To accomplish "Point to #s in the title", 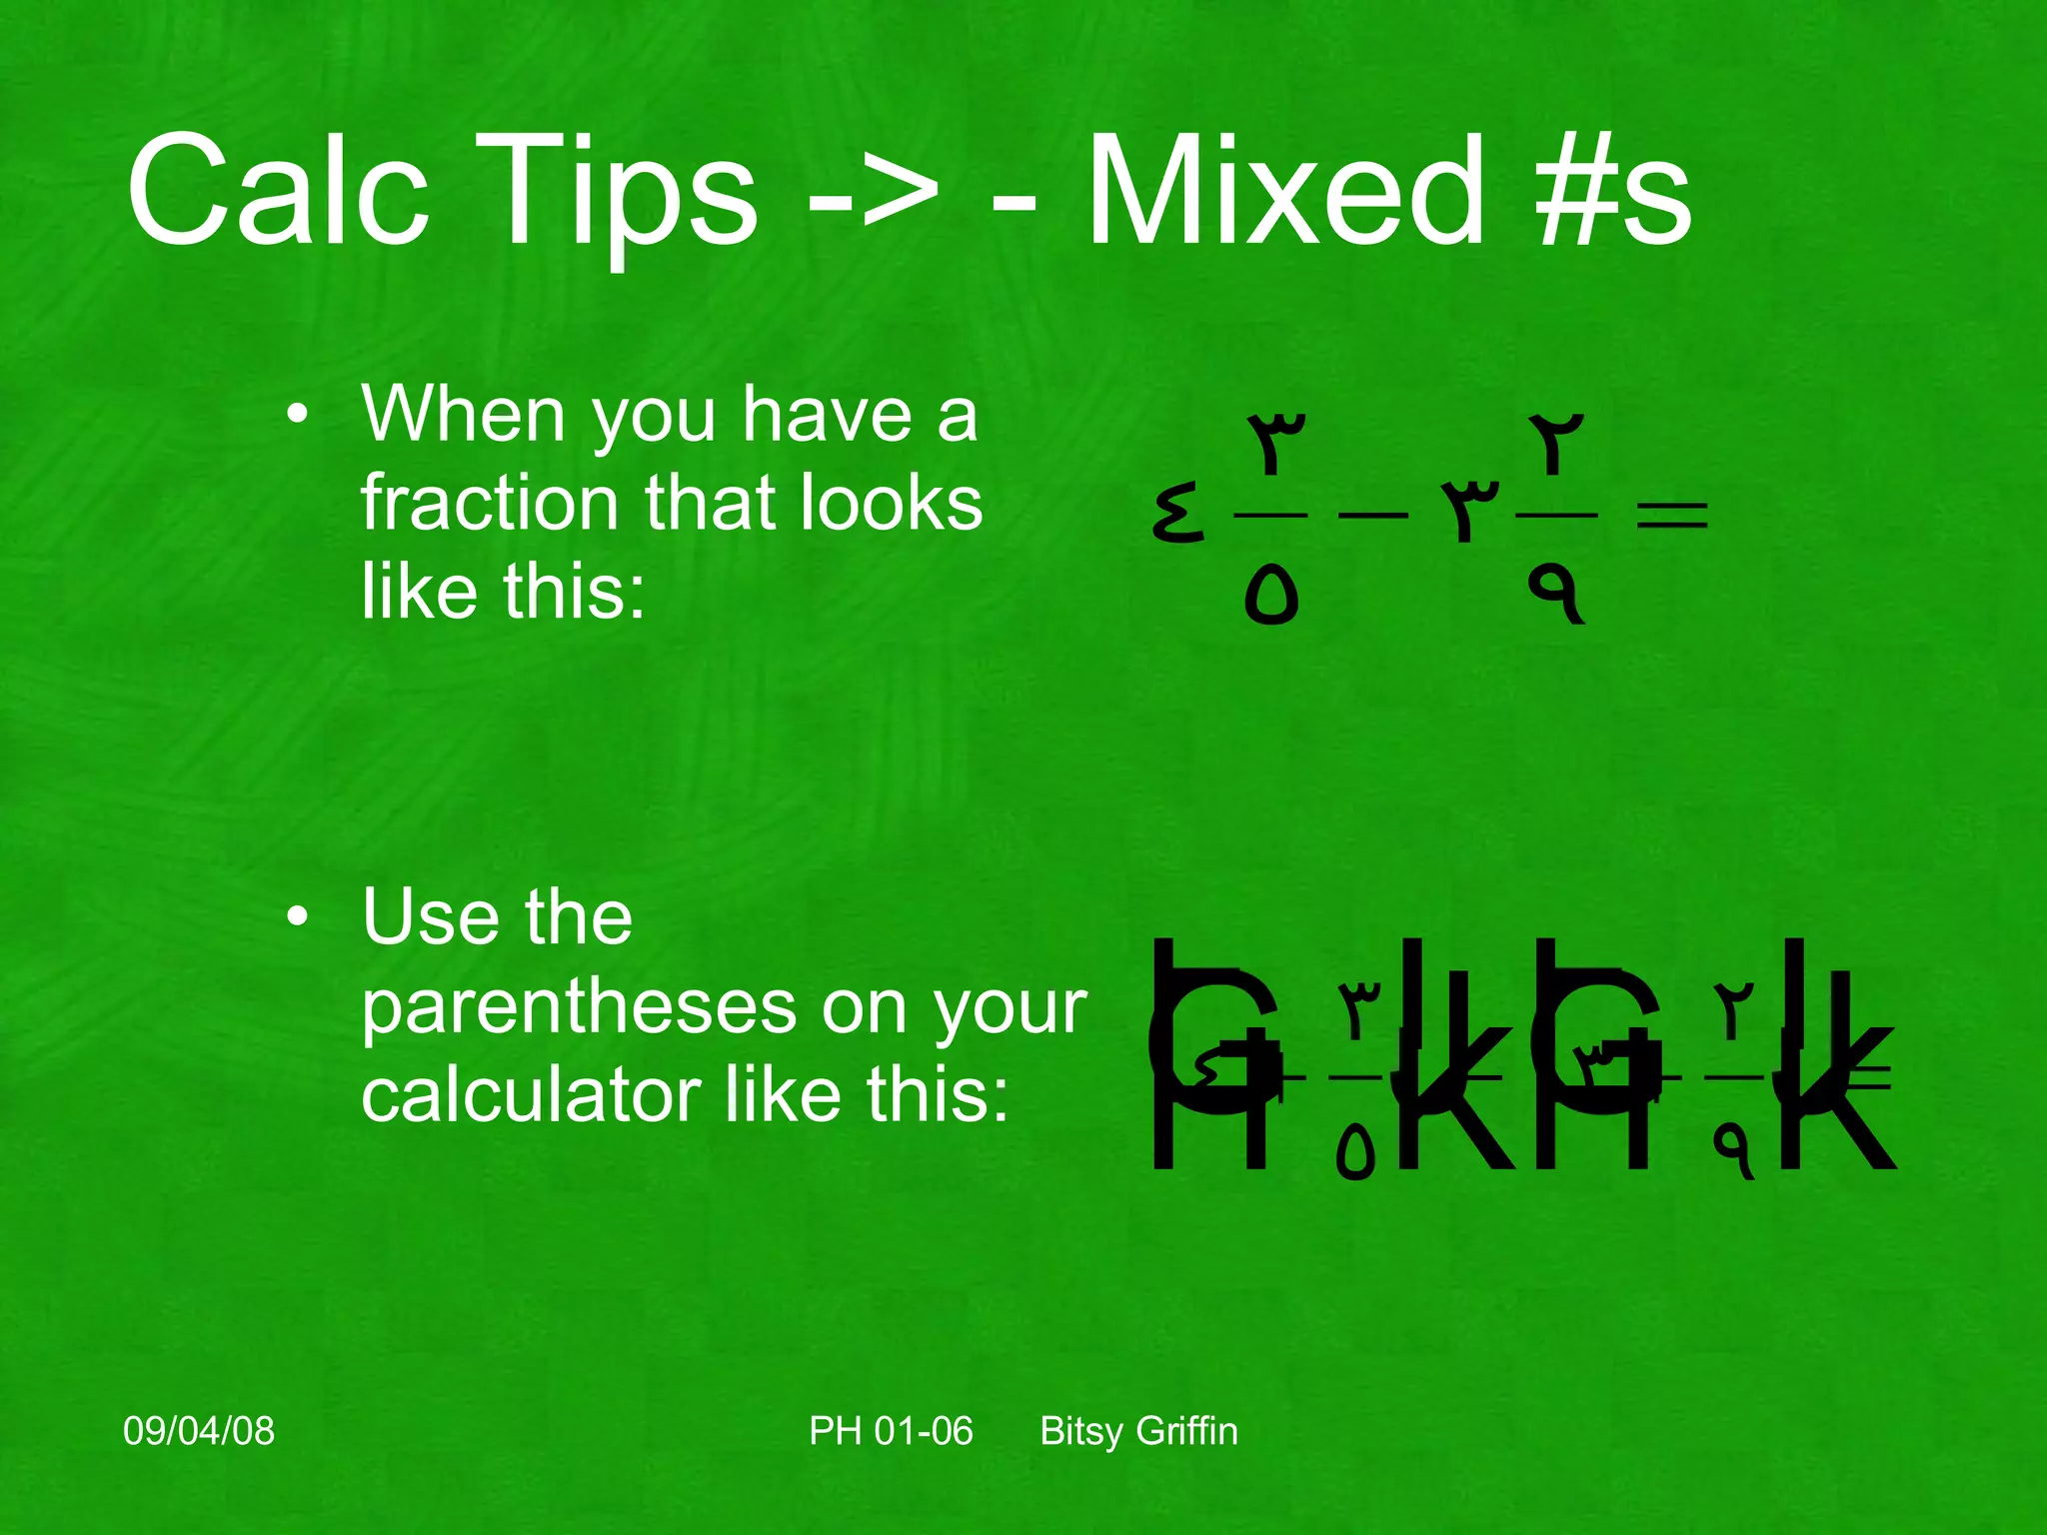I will tap(1614, 192).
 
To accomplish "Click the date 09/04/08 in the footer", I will tap(198, 1430).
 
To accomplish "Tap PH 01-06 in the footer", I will tap(890, 1430).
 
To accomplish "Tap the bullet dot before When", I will tap(297, 414).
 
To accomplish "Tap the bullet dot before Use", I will tap(297, 916).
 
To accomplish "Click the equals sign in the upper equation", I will tap(1671, 516).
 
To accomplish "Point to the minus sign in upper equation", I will tap(1372, 516).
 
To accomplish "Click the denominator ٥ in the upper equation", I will tap(1270, 596).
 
